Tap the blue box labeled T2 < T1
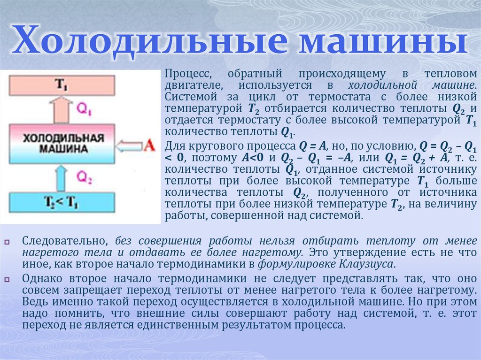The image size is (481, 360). (62, 202)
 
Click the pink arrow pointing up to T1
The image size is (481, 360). (62, 110)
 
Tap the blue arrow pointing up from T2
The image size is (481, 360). (62, 178)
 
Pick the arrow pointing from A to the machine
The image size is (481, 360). (128, 146)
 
